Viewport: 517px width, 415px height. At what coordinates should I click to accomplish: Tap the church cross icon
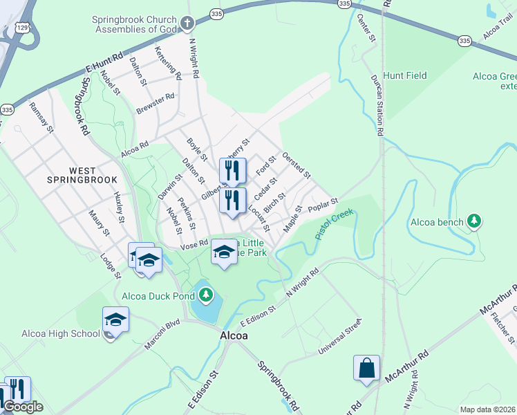click(187, 25)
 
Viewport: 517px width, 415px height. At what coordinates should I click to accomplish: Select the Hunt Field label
click(405, 75)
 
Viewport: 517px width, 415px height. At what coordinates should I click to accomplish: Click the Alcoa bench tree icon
click(473, 221)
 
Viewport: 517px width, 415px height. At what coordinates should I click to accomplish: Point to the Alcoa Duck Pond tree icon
click(205, 296)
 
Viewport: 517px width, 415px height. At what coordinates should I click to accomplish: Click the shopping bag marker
click(366, 368)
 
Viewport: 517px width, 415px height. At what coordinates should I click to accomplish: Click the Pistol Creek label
click(335, 223)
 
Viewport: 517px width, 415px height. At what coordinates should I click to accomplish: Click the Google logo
click(22, 406)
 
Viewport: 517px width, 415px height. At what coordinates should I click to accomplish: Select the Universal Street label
click(339, 335)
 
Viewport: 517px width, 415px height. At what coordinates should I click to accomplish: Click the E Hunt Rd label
click(104, 62)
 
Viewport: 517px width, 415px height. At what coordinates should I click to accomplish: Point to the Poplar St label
click(323, 205)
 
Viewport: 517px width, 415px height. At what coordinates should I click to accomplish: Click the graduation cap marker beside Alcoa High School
click(115, 320)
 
